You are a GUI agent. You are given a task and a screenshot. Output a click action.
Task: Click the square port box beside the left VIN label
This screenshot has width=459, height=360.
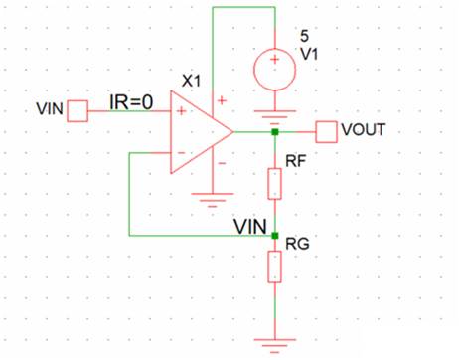77,110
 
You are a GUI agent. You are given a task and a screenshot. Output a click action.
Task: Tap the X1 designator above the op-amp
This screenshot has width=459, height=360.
191,79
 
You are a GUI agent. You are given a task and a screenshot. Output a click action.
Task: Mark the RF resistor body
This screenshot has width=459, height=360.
273,183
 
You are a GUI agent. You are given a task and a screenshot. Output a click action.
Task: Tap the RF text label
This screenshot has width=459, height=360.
295,160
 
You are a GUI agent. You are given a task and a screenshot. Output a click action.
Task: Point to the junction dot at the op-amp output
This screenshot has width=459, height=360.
273,131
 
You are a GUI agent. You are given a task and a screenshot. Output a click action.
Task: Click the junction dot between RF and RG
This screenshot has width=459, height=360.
273,236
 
